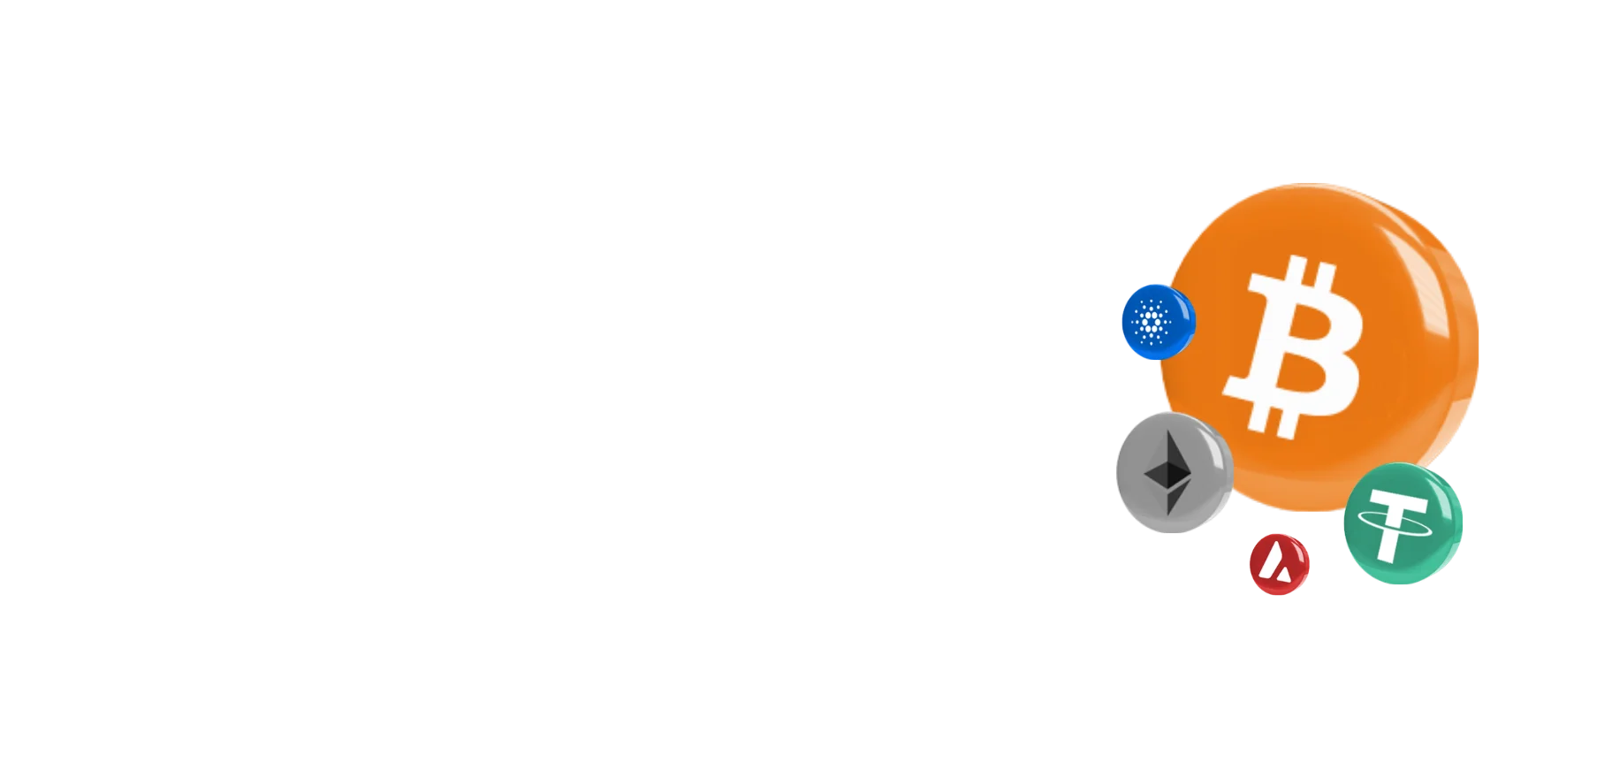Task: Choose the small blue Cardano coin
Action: pyautogui.click(x=1157, y=321)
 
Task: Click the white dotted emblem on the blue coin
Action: pyautogui.click(x=1150, y=320)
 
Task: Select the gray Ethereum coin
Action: pyautogui.click(x=1172, y=472)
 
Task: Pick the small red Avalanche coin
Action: pyautogui.click(x=1279, y=563)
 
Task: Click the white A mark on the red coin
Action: pyautogui.click(x=1274, y=563)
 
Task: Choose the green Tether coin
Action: pyautogui.click(x=1403, y=523)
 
